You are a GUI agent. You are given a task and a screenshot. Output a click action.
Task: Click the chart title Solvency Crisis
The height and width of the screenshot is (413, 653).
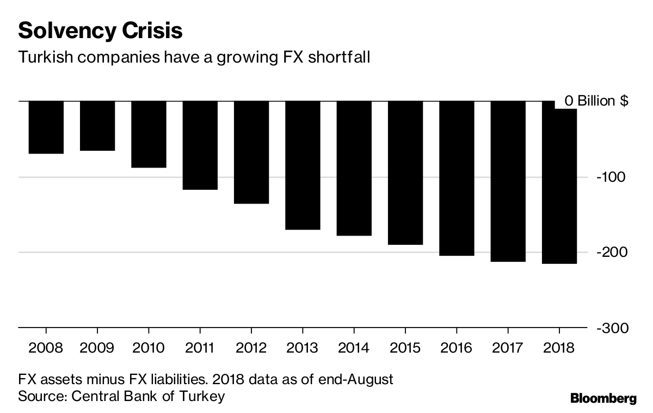[x=100, y=30]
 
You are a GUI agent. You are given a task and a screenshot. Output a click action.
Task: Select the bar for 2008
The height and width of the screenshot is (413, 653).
[x=46, y=127]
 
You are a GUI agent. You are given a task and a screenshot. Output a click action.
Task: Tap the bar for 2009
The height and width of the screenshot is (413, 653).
[x=97, y=126]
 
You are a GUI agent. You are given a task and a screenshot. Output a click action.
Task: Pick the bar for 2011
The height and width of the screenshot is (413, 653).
[x=200, y=145]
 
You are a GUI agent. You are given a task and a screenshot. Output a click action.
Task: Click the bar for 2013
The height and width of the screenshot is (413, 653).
[x=303, y=165]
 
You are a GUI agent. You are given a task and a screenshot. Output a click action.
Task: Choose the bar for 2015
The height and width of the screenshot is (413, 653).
[x=405, y=173]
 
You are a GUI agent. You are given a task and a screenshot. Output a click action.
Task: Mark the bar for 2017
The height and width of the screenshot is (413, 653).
[x=508, y=181]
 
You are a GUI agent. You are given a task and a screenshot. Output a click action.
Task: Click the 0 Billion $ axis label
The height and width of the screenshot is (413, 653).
[x=596, y=101]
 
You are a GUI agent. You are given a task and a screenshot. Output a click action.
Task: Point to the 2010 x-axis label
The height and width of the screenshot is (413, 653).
[x=149, y=348]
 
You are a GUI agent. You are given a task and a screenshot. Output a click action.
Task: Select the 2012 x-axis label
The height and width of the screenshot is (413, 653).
[x=251, y=348]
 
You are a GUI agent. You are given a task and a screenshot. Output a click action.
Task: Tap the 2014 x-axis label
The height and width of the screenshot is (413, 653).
[x=354, y=348]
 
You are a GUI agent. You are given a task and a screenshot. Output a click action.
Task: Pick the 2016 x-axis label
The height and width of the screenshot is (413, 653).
[x=457, y=348]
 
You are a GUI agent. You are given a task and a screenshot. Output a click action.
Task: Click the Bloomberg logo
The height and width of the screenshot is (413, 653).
[x=603, y=399]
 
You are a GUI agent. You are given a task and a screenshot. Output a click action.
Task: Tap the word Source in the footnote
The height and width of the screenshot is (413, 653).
[x=41, y=396]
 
